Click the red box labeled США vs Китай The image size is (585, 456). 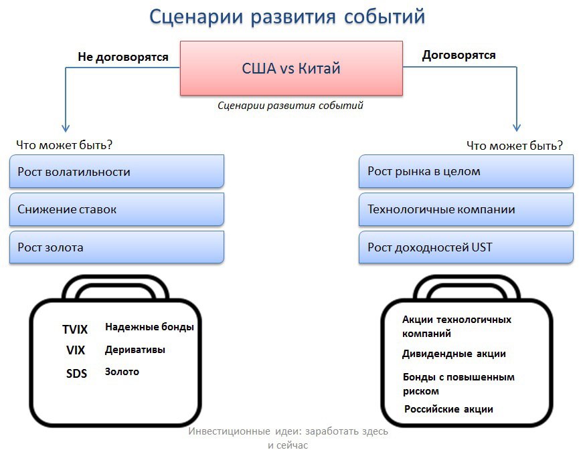coord(291,68)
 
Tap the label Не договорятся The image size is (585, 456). coord(123,57)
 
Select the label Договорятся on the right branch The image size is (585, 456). coord(459,55)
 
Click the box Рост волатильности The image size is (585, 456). coord(116,171)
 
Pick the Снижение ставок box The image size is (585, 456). coord(116,209)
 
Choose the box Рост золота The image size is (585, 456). coord(116,247)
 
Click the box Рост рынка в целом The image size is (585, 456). coord(466,171)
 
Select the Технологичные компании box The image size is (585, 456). coord(466,209)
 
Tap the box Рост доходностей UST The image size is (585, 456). coord(466,247)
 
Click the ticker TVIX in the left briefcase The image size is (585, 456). coord(75,330)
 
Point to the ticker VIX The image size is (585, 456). coord(76,350)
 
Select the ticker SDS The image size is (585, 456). coord(76,373)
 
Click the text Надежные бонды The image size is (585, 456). coord(150,327)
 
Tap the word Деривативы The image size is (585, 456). coord(135,350)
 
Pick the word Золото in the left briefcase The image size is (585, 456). coord(122,372)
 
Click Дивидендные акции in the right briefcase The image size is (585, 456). coord(454,354)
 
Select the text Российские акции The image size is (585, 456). coord(449,409)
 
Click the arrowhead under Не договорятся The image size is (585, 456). coord(66,128)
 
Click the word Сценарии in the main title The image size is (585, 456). coord(196,17)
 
